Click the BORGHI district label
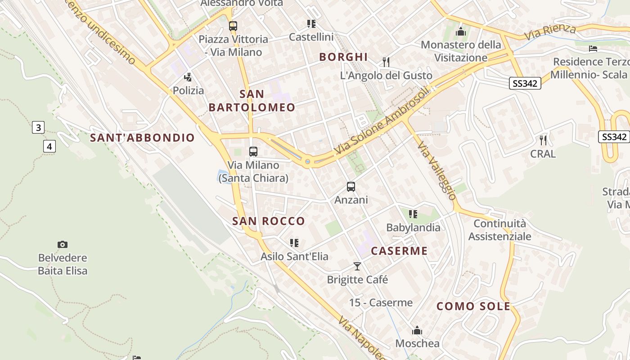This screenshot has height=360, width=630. click(343, 57)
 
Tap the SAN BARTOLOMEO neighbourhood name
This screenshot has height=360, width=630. click(252, 101)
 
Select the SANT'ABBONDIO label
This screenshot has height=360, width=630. click(143, 138)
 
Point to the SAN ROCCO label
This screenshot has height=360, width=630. click(269, 221)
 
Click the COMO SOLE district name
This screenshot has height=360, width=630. click(473, 306)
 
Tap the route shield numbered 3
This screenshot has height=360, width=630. click(38, 128)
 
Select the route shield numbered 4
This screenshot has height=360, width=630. click(49, 146)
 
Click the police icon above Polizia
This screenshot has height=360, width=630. click(188, 77)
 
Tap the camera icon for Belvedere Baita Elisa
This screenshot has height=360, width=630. click(63, 244)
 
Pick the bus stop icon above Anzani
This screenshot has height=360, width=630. click(351, 186)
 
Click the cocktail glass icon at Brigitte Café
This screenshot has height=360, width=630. click(357, 266)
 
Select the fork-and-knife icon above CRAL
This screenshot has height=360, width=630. click(543, 140)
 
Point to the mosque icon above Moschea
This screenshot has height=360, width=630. click(417, 330)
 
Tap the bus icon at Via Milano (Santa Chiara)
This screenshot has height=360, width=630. click(253, 152)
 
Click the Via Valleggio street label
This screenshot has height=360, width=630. click(437, 171)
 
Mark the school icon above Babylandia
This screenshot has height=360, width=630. click(413, 214)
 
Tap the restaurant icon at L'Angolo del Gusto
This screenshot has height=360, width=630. click(386, 62)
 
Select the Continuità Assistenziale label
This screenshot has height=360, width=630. click(499, 230)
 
